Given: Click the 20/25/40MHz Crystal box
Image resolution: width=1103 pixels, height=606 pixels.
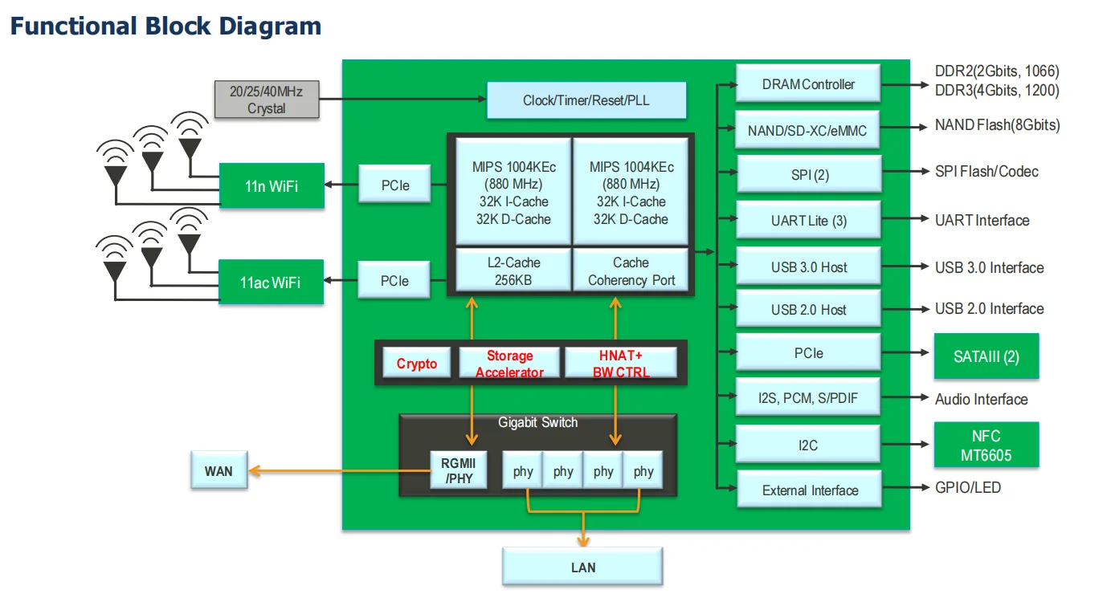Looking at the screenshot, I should point(266,100).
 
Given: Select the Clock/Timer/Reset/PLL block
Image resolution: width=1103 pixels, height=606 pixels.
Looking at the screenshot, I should point(586,100).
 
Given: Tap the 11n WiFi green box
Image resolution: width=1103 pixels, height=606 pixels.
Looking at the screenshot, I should point(272,185).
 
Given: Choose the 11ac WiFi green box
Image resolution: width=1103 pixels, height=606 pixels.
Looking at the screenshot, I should point(272,282).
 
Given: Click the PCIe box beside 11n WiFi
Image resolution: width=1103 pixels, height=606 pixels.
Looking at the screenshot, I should point(394,185).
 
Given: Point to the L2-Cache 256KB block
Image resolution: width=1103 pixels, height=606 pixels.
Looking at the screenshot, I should point(513,271).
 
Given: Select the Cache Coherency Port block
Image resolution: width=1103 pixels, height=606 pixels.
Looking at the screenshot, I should point(631,271).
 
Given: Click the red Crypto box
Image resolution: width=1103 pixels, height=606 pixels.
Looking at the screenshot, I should point(417,364).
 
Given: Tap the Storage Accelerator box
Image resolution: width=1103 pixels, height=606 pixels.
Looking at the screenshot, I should point(509,364).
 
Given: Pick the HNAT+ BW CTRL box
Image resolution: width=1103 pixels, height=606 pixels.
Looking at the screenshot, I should point(620,364).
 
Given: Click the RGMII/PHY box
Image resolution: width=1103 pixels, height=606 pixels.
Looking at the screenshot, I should point(458,471).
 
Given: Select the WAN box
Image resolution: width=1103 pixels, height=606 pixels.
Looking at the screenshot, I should point(218,470).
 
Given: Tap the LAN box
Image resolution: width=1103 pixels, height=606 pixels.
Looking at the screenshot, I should point(582,567).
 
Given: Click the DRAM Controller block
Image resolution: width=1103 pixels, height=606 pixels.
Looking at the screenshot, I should point(808,84).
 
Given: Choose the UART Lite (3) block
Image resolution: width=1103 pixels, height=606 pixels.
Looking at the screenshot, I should point(808,221).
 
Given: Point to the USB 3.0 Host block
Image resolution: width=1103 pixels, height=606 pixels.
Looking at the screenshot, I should point(808,267).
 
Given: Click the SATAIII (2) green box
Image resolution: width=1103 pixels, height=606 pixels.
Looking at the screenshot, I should point(986,356).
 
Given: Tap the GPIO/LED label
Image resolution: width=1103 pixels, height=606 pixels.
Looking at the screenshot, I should point(968,487).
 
